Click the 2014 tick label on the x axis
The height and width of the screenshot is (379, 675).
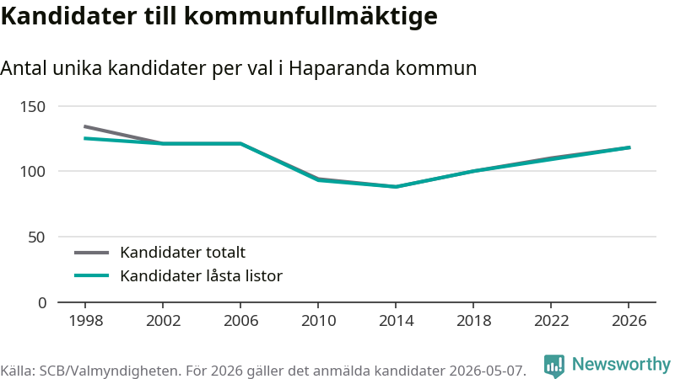(x=396, y=321)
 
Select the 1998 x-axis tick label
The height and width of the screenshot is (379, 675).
(x=86, y=321)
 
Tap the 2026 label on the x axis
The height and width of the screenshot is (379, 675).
(x=629, y=321)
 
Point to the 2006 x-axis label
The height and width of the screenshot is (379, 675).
(x=240, y=321)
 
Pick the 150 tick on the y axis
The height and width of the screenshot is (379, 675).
(x=33, y=107)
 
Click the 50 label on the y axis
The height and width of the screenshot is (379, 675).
(x=36, y=238)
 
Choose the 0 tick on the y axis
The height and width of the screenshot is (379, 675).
(x=41, y=303)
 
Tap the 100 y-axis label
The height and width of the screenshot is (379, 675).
(x=33, y=172)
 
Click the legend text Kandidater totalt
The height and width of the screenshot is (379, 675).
(x=182, y=252)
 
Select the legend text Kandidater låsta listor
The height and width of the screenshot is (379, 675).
(x=201, y=276)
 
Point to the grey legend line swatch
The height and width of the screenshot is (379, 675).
(x=91, y=253)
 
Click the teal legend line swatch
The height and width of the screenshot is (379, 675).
(x=91, y=275)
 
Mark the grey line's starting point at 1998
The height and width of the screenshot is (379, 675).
(x=85, y=126)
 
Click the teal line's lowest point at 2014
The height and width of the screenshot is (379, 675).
(x=395, y=187)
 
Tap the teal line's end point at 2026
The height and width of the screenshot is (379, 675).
(x=629, y=148)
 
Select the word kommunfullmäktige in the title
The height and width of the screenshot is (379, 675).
(x=310, y=17)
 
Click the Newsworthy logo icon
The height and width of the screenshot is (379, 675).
(x=554, y=366)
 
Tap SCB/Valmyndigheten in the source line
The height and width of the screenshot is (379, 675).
(x=111, y=371)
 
